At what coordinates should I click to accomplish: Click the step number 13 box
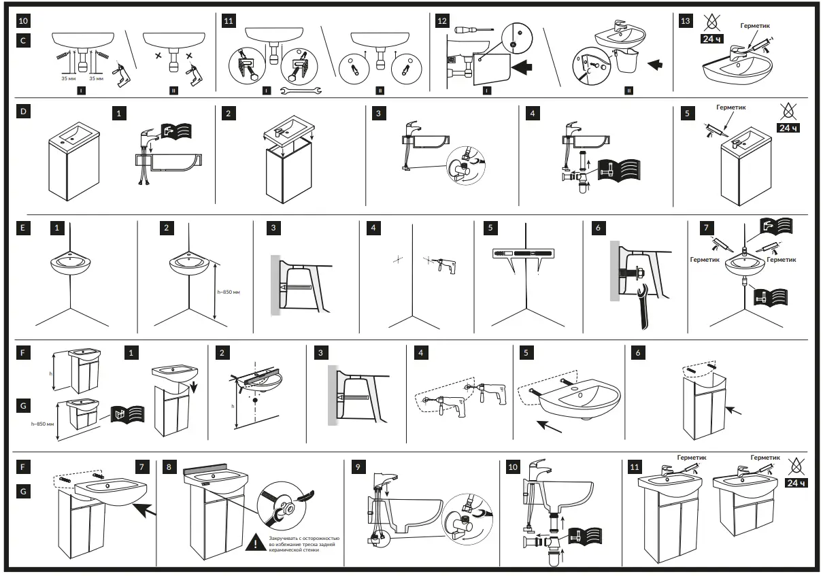686,20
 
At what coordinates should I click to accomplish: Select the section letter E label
23,229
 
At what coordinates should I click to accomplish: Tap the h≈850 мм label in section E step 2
228,292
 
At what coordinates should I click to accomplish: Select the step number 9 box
358,467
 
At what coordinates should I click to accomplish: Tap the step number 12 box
442,20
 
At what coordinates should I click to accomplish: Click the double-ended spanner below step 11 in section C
301,90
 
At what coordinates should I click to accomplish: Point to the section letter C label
23,41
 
